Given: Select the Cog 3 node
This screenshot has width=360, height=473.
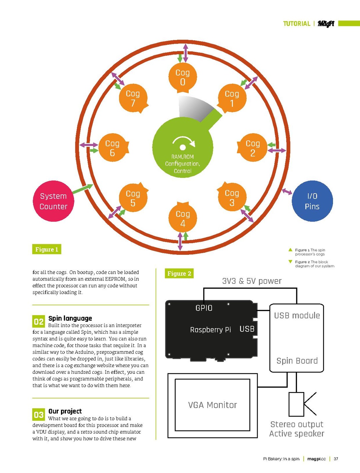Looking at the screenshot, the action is click(x=232, y=197).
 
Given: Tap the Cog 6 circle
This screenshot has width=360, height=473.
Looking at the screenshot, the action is click(x=113, y=148).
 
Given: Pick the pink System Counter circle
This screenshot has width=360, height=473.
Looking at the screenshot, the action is click(x=53, y=201).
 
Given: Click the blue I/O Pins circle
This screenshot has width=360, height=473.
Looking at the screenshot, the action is click(x=312, y=201).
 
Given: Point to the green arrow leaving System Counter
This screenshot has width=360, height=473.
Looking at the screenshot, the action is click(x=83, y=189).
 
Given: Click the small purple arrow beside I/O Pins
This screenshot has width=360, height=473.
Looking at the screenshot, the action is click(x=287, y=191).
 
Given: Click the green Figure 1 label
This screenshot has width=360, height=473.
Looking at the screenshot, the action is click(x=47, y=249).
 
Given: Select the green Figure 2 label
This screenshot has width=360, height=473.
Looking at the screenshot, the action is click(x=179, y=273).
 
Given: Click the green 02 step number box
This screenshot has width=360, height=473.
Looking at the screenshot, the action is click(x=39, y=321).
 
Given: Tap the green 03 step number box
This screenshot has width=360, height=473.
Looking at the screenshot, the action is click(x=39, y=414).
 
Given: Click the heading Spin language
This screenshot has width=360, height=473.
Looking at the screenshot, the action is click(x=70, y=318).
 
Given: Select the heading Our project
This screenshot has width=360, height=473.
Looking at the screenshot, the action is click(x=65, y=411).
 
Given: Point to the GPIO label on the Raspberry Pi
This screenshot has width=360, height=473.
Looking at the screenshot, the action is click(x=204, y=308).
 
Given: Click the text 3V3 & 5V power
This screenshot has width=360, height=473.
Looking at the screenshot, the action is click(x=252, y=281).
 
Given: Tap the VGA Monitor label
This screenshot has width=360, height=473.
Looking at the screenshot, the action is click(x=212, y=405).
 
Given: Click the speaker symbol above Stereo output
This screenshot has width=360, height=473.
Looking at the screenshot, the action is click(x=302, y=404).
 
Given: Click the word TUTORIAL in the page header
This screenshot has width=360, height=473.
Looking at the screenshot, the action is click(x=297, y=24).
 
